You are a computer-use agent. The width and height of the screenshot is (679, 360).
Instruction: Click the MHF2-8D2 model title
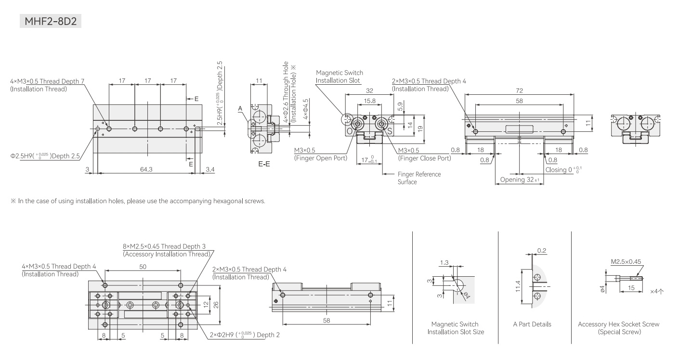click(51, 21)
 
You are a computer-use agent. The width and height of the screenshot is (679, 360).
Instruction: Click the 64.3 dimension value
click(146, 169)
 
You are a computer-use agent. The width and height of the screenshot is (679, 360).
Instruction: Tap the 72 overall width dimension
click(519, 90)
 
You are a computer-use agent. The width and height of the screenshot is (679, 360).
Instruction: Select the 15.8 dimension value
click(369, 101)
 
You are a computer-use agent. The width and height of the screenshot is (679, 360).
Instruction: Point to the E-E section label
click(264, 164)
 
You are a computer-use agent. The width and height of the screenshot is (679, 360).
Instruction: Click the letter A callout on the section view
click(240, 108)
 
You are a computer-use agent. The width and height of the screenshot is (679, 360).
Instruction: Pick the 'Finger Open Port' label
click(321, 158)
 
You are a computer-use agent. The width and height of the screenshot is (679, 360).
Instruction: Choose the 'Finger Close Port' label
click(424, 158)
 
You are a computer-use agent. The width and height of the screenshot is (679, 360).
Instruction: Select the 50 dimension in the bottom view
click(143, 267)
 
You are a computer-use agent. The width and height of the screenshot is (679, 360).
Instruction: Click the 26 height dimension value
click(216, 305)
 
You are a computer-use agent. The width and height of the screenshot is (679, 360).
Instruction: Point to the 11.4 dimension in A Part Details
click(518, 286)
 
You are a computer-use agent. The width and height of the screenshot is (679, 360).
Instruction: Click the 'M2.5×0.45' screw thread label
click(626, 261)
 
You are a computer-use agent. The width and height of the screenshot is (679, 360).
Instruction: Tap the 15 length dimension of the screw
click(631, 288)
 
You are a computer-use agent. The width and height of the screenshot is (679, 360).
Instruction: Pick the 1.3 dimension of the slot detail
click(444, 262)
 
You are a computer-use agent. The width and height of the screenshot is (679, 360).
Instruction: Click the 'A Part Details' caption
click(532, 324)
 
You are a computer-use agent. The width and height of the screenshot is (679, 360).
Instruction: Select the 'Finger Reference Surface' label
click(419, 178)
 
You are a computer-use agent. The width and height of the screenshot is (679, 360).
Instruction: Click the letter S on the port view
click(390, 131)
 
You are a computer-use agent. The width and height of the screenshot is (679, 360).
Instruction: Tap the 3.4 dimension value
click(210, 169)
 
